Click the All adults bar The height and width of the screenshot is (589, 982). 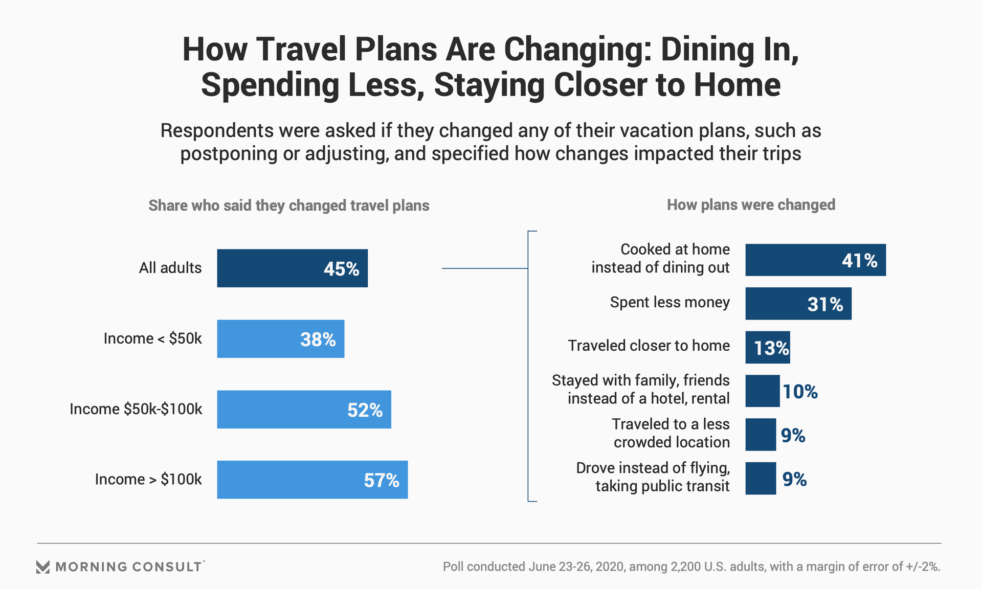(x=292, y=268)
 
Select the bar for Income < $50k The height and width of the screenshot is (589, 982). (x=280, y=338)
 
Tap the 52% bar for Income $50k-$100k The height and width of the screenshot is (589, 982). (x=304, y=409)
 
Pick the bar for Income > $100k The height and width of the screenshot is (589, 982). (x=312, y=480)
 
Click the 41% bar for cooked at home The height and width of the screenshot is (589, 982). (x=815, y=260)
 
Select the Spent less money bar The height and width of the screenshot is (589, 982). (x=798, y=304)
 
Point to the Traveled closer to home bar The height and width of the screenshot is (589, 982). (x=767, y=347)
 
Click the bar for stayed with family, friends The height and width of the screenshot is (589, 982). (x=762, y=391)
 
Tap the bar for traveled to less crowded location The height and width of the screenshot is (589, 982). (x=760, y=435)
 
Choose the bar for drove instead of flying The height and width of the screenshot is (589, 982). (x=760, y=479)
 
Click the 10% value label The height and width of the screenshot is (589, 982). (x=800, y=392)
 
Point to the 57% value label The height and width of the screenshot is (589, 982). (x=381, y=480)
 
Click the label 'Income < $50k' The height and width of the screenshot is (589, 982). (x=152, y=338)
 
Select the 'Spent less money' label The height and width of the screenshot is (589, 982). (x=669, y=302)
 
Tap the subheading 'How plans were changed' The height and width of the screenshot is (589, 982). (x=751, y=205)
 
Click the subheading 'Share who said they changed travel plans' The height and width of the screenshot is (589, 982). (x=288, y=206)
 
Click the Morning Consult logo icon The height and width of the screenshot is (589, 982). (x=43, y=567)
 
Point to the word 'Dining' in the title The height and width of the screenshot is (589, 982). (x=707, y=50)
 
